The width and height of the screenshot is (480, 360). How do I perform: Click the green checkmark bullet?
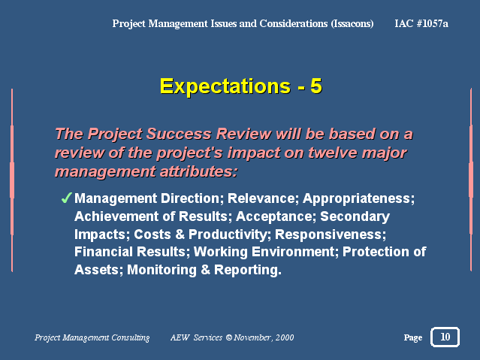[66, 198]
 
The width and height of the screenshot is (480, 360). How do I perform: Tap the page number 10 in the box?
[445, 337]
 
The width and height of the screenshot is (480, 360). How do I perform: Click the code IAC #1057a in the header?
[421, 23]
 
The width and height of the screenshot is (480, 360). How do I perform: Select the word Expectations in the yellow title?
[225, 86]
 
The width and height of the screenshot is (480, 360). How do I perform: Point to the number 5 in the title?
[316, 86]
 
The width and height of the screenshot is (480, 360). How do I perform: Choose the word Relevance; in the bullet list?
[263, 198]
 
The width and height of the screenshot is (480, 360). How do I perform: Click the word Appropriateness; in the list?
[358, 199]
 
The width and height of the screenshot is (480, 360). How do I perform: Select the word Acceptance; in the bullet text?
[276, 216]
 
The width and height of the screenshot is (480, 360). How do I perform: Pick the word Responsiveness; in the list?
[331, 234]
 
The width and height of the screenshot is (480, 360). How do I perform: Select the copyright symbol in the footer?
[229, 337]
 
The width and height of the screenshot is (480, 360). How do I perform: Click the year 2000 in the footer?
[285, 337]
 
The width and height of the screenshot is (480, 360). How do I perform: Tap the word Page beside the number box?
[413, 337]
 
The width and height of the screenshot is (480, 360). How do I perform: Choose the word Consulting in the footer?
[131, 337]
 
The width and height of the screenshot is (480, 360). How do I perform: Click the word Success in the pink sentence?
[179, 134]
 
